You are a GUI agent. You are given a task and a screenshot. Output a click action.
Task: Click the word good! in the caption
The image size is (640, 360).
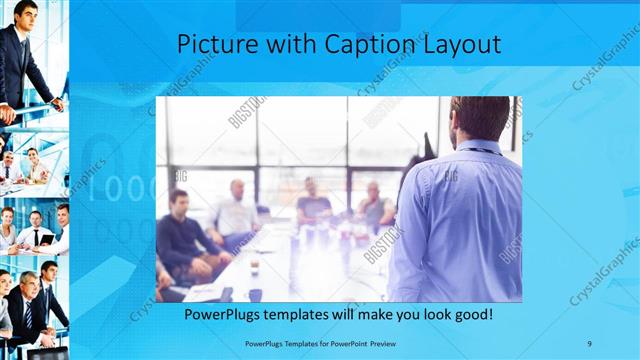click(x=469, y=315)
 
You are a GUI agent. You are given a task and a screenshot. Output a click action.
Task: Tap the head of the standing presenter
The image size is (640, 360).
click(x=481, y=118)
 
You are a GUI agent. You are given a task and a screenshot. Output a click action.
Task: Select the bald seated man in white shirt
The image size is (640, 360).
click(x=236, y=210)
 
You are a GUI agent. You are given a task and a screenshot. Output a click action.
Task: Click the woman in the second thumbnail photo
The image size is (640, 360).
click(x=32, y=165)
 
